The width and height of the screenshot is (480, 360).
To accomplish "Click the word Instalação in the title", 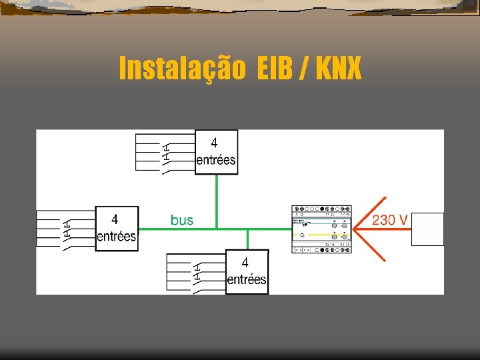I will [182, 68].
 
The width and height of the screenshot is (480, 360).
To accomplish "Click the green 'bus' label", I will [181, 219].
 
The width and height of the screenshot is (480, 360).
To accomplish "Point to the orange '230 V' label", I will [390, 219].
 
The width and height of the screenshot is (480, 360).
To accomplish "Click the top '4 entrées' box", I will [216, 152].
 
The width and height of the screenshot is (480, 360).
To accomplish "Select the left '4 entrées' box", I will [117, 228].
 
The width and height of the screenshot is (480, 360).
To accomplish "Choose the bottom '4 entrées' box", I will [247, 271].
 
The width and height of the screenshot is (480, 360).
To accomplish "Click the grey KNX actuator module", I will [322, 229].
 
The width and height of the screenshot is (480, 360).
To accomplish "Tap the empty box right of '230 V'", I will [427, 229].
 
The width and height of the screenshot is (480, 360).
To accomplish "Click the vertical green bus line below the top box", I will [216, 200].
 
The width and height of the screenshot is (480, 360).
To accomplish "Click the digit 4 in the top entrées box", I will [214, 142].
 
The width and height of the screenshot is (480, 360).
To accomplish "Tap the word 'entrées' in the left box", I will [117, 236].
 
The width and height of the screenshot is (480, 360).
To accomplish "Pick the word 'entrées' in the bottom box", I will [247, 279].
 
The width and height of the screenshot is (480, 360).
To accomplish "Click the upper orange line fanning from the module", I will [370, 211].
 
